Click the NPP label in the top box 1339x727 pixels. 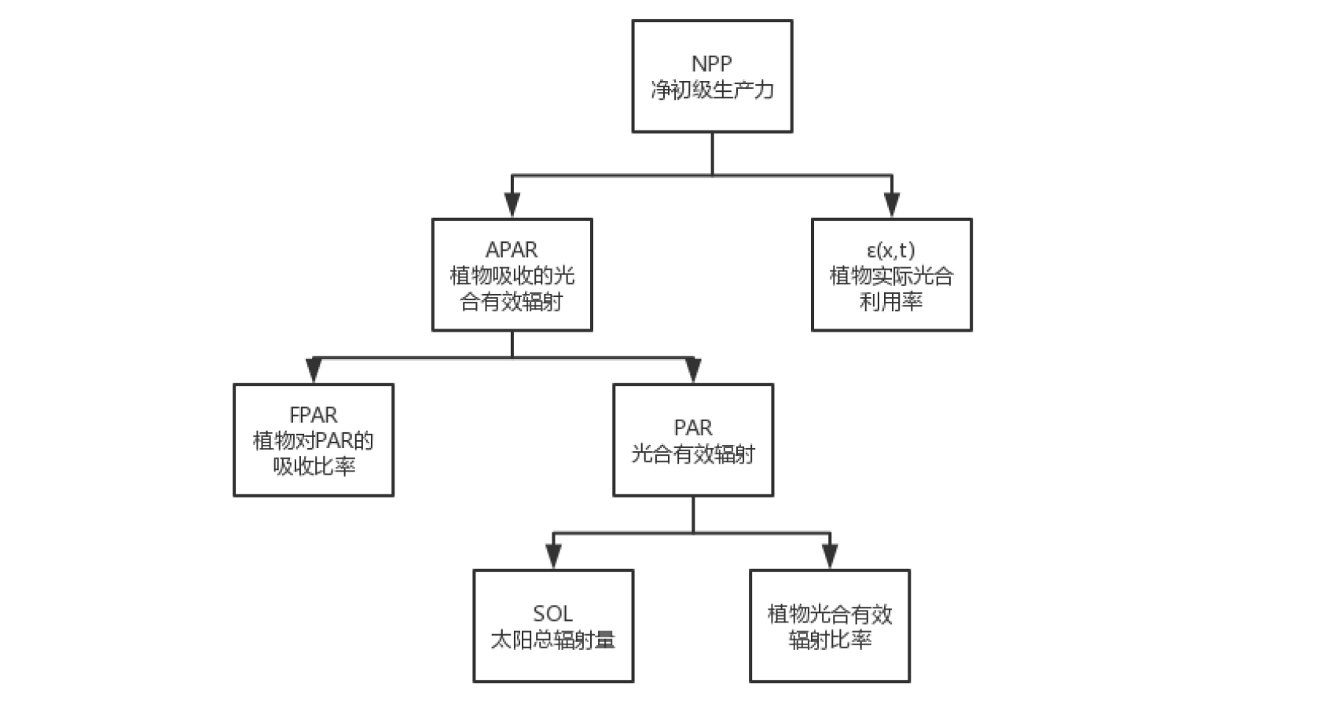coord(711,64)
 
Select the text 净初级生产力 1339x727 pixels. coord(712,90)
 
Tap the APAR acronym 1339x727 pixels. coord(512,250)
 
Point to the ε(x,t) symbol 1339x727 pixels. coord(891,250)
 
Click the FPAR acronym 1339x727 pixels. coord(314,415)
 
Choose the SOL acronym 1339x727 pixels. coord(552,614)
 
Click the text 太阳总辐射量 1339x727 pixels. coord(552,640)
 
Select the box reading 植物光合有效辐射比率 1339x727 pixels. coord(830,626)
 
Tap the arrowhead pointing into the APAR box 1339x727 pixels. coord(512,204)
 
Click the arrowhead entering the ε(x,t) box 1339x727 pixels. coord(892,204)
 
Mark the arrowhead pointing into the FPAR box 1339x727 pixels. coord(314,369)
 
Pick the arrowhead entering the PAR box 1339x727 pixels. coord(693,369)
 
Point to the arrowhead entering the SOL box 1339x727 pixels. coord(553,556)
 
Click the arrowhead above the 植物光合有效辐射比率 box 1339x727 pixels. coord(830,556)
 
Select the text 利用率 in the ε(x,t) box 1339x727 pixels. coord(891,301)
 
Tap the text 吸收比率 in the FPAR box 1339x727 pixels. coord(314,466)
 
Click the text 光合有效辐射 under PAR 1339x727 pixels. coord(693,453)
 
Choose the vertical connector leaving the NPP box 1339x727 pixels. coord(712,153)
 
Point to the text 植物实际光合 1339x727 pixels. coord(891,276)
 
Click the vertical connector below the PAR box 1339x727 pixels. coord(693,514)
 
